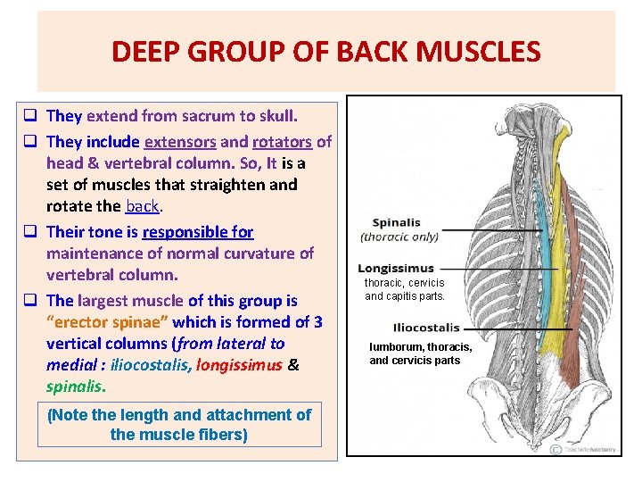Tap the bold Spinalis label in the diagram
(396, 222)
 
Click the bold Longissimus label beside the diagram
(395, 268)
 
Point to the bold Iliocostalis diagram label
(425, 328)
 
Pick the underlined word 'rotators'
(282, 141)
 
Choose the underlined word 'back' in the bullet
(142, 205)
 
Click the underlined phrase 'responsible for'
(198, 231)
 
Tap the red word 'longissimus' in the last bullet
(237, 364)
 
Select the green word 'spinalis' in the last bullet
(75, 386)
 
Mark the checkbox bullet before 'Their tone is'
(30, 232)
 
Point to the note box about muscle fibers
(179, 424)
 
